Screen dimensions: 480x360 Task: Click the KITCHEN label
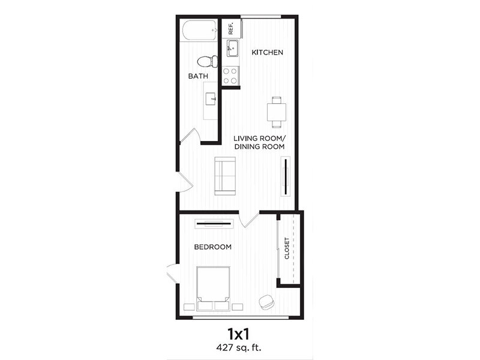[267, 52]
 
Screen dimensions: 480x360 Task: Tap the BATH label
[198, 76]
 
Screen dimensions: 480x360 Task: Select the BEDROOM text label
[213, 247]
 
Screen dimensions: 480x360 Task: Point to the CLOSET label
[287, 248]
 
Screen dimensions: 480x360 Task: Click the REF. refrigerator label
[231, 28]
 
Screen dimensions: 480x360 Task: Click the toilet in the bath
[207, 62]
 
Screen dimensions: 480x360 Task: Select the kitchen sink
[232, 48]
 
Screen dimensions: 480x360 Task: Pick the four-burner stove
[230, 76]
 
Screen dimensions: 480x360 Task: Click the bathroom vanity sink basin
[211, 99]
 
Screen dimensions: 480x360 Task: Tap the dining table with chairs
[277, 112]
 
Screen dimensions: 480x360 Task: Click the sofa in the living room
[225, 176]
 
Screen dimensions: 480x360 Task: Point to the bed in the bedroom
[213, 289]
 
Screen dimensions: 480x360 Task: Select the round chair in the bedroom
[266, 301]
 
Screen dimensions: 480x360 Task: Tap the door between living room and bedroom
[249, 219]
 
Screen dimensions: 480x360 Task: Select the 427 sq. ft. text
[239, 347]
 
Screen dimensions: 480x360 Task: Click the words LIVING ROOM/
[260, 139]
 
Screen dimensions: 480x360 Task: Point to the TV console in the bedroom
[214, 224]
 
